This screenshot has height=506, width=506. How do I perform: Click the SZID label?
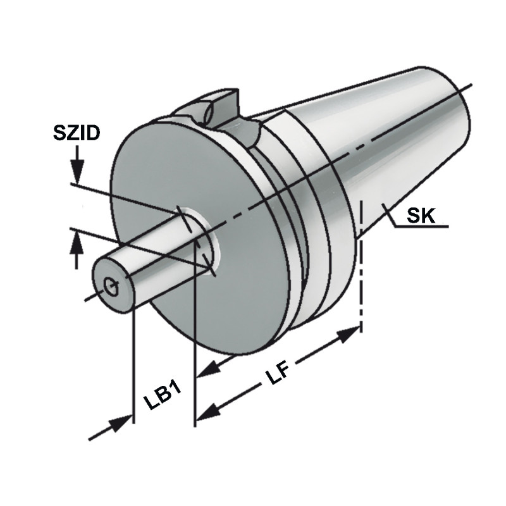pos(75,133)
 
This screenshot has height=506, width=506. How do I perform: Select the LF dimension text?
pos(277,377)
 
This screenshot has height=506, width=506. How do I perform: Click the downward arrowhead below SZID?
pos(77,171)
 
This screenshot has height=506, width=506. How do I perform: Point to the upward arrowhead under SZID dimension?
pos(77,241)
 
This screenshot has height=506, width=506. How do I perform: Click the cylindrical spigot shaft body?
pos(155,259)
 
